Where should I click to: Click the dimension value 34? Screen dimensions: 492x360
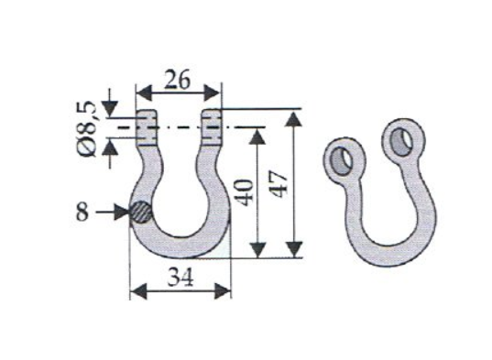click(x=180, y=277)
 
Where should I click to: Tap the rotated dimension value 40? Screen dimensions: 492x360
click(x=246, y=192)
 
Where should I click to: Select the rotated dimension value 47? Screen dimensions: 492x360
click(x=279, y=184)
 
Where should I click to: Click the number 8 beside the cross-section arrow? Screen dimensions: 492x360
click(x=82, y=212)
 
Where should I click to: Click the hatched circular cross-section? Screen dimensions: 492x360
click(x=141, y=212)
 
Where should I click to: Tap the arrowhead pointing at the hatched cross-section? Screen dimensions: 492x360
click(x=122, y=212)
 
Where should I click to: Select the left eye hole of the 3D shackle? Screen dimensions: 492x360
click(x=342, y=161)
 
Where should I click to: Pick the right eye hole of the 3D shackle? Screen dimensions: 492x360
click(x=402, y=141)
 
